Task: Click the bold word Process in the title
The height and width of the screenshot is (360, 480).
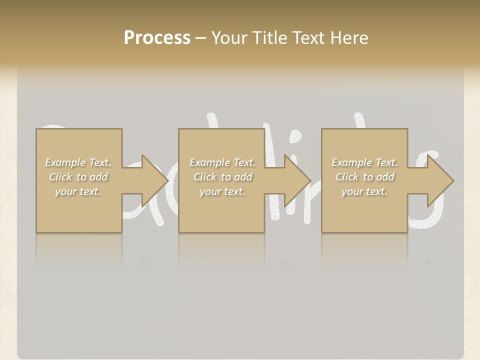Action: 157,38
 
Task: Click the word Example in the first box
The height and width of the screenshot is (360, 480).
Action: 65,162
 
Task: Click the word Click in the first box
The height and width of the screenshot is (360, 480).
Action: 60,177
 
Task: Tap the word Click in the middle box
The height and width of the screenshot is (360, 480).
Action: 205,177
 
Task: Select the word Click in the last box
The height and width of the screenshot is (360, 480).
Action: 347,177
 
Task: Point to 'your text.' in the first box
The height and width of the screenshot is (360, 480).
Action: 78,191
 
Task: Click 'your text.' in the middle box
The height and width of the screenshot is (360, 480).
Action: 222,191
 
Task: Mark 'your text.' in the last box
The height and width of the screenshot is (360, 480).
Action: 364,191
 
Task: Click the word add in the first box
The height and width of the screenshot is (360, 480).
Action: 99,177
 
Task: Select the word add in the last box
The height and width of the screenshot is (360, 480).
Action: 385,177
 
